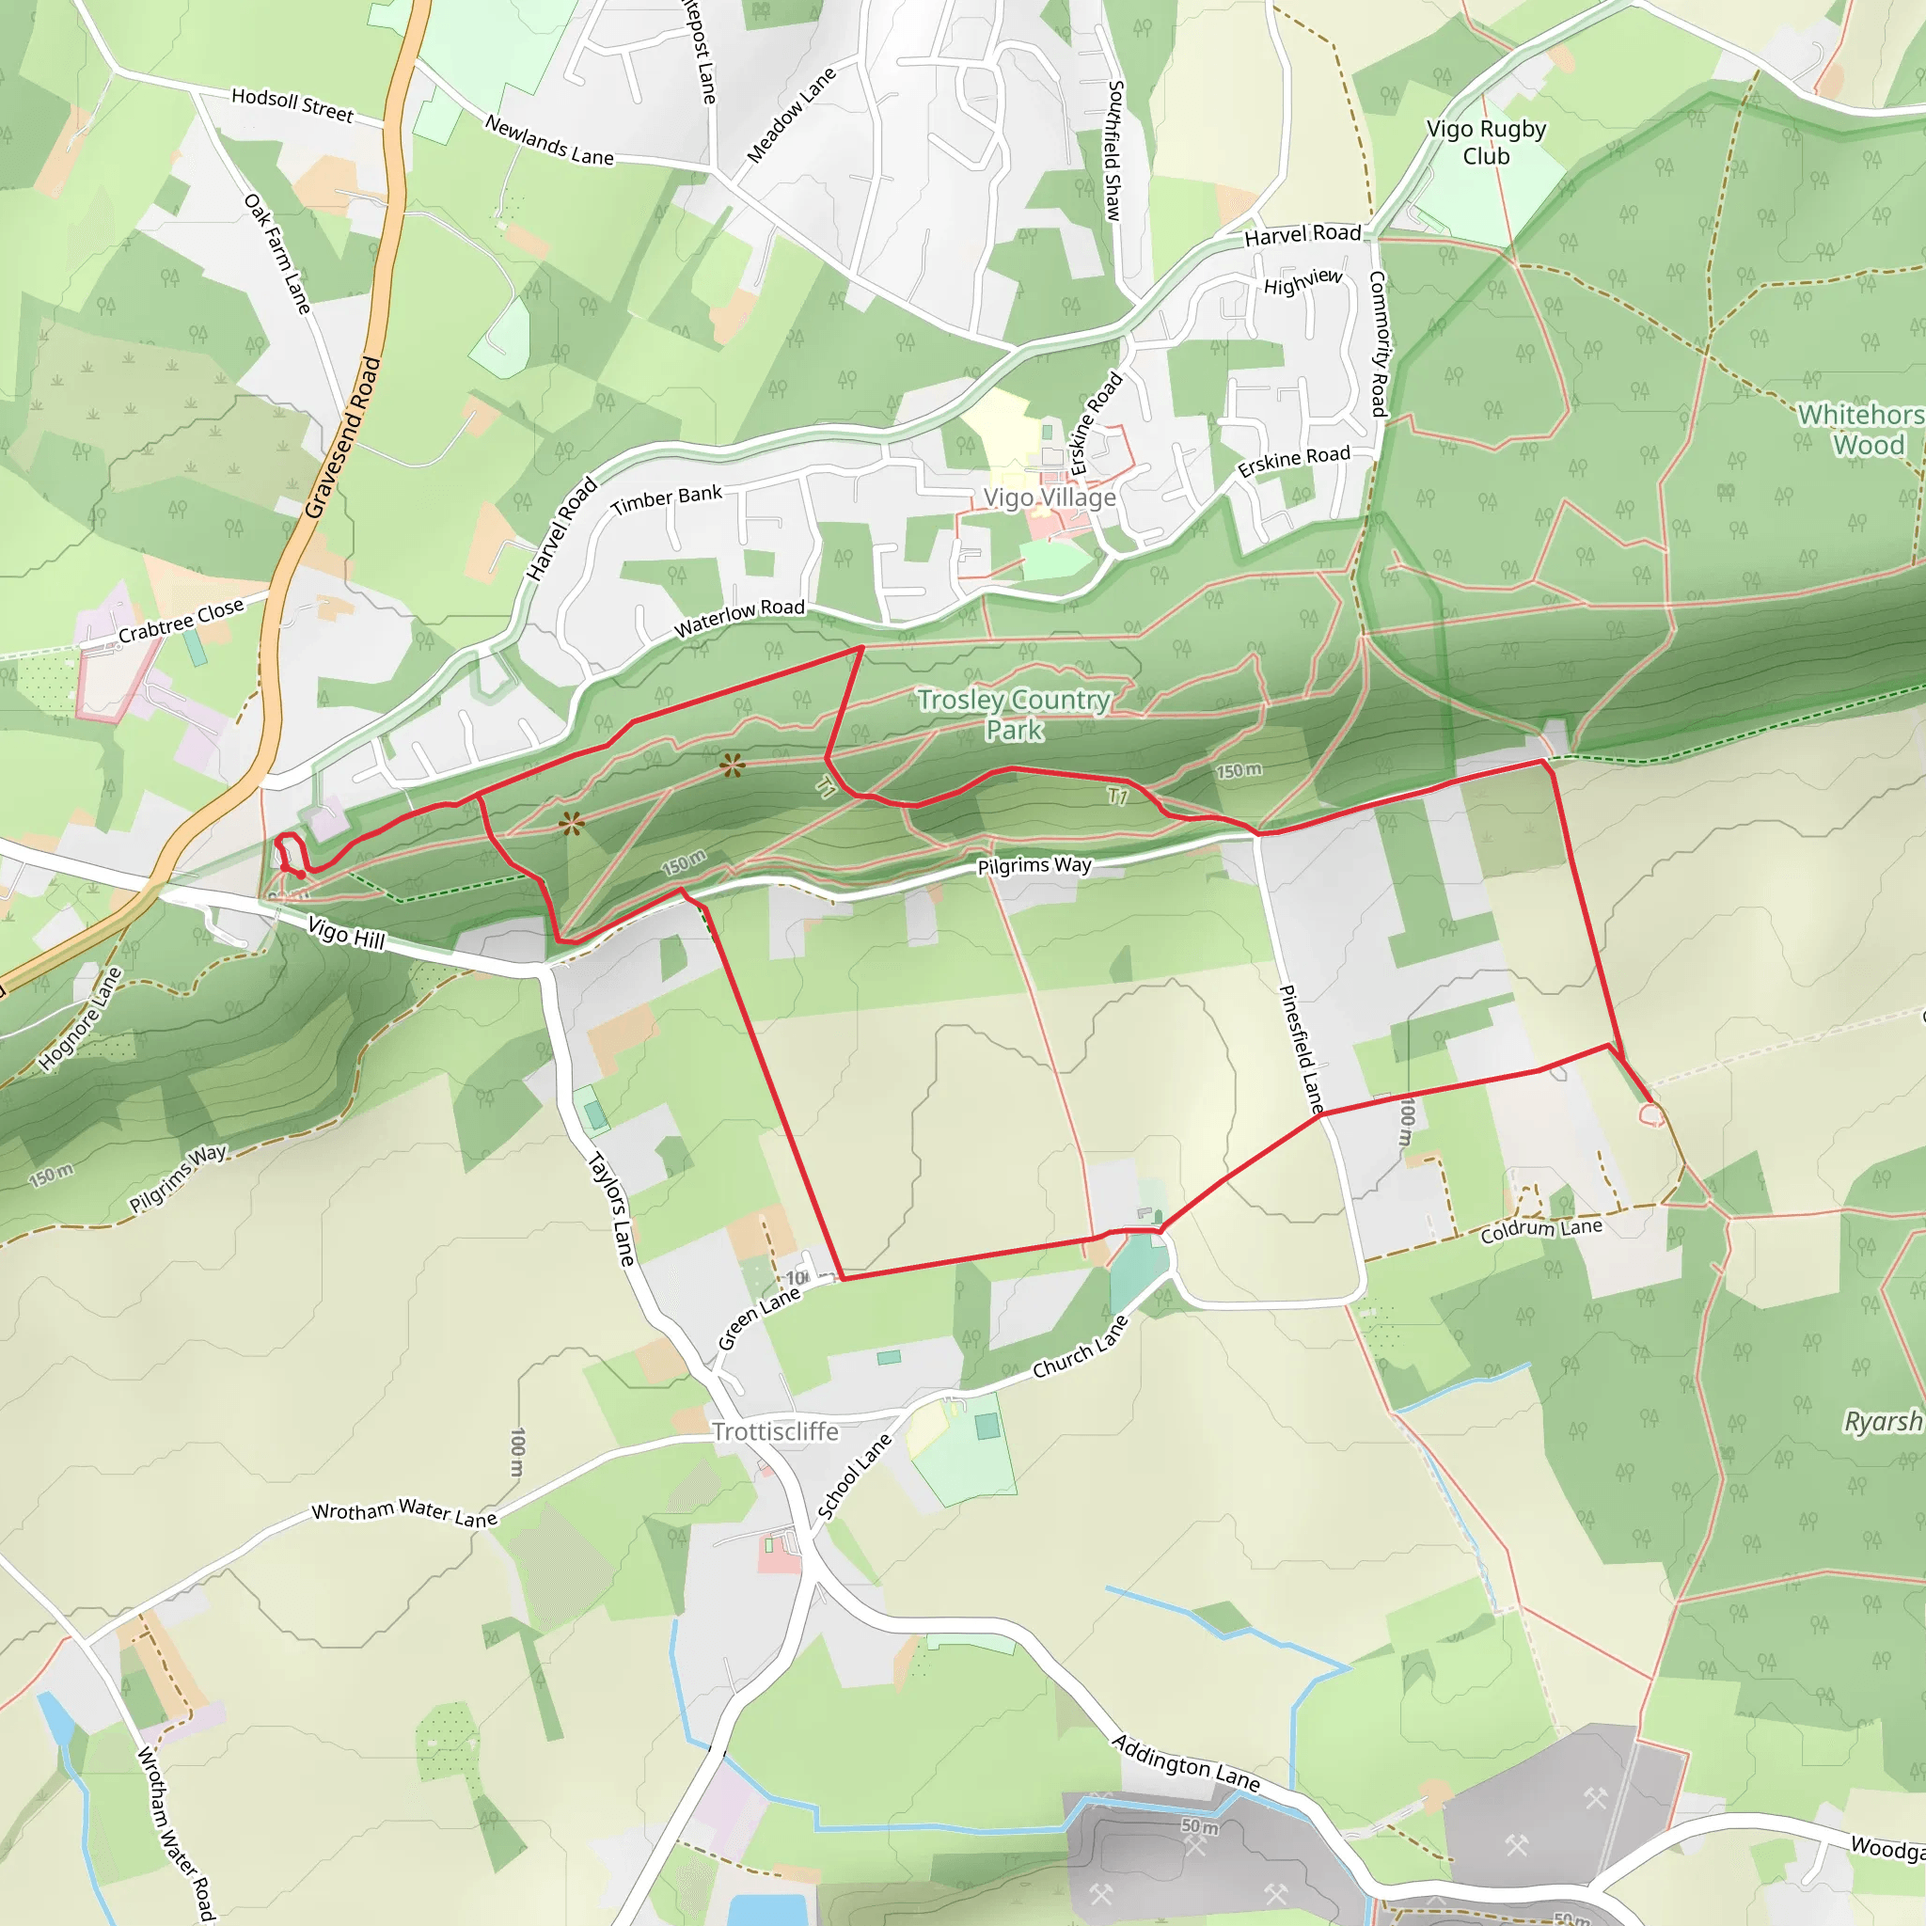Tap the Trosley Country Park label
point(1014,715)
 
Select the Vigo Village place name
point(1049,497)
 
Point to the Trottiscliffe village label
point(776,1431)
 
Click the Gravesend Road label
point(343,437)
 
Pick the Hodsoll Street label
point(292,104)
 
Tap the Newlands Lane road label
point(549,140)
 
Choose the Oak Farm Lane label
point(278,254)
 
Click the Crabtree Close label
point(181,621)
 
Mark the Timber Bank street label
point(666,499)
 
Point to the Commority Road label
point(1378,344)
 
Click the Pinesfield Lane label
point(1301,1049)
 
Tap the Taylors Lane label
point(611,1209)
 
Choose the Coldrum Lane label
point(1541,1229)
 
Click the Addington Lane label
point(1186,1761)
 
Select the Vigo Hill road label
point(346,933)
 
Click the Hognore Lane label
point(80,1018)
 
